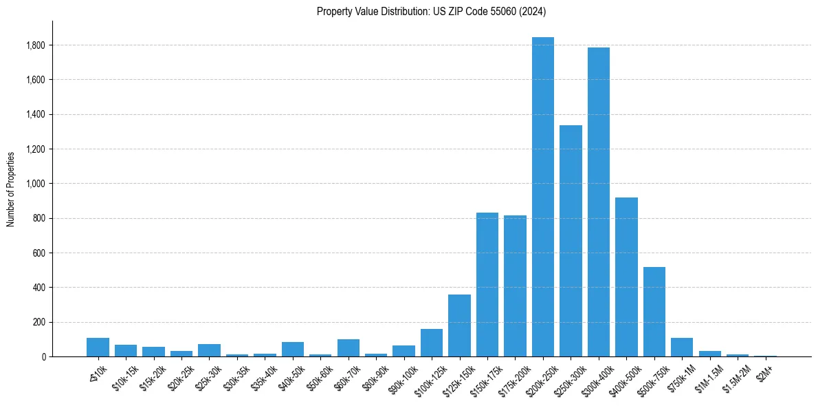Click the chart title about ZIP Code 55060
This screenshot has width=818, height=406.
[x=431, y=11]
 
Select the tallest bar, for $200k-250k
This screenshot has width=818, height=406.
[x=543, y=197]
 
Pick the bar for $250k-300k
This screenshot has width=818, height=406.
[x=571, y=241]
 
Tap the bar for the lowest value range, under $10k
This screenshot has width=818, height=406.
[x=98, y=348]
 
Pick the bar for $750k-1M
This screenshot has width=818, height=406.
[x=682, y=348]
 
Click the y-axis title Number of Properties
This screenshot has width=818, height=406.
[x=11, y=189]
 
